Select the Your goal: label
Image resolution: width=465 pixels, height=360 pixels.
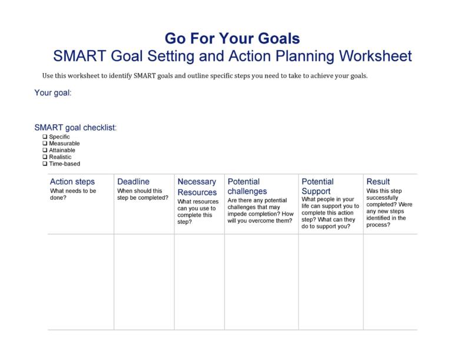pos(53,93)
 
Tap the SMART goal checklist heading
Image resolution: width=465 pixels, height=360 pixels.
pos(75,127)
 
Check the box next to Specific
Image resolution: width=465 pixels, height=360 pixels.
pos(45,137)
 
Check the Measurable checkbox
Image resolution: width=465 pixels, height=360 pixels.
pos(45,144)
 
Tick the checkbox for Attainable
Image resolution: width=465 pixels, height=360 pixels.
pos(45,150)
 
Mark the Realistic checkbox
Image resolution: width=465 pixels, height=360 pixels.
pos(45,157)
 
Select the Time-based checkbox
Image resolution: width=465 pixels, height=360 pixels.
pos(45,163)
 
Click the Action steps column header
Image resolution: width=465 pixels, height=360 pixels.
pos(72,182)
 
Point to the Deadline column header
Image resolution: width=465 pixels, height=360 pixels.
pos(133,182)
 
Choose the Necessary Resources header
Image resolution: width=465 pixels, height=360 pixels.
pos(197,187)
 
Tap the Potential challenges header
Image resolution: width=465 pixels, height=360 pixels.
pos(247,187)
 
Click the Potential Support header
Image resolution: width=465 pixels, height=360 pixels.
pos(317,187)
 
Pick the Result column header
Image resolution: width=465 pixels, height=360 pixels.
pos(378,182)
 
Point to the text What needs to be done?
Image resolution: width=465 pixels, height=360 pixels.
pos(74,194)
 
